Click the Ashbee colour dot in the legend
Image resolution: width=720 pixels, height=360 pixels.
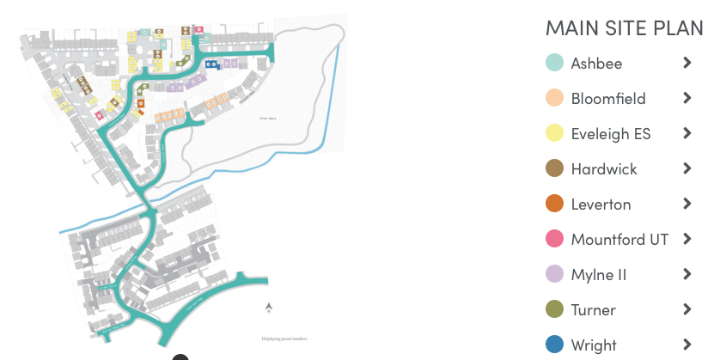[554, 64]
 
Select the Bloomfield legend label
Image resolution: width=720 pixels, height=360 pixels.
[607, 99]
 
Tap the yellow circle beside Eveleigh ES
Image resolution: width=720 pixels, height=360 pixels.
[554, 134]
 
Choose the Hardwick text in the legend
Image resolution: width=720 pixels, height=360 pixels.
[603, 169]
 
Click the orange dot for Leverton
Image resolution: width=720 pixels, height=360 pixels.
[554, 204]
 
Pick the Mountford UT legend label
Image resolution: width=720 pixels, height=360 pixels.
[619, 240]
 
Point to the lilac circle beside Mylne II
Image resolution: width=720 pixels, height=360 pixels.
[554, 275]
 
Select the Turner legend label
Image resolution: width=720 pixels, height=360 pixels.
[593, 310]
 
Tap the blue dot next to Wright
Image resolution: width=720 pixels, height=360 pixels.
[554, 345]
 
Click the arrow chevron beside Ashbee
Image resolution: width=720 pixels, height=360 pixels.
[686, 63]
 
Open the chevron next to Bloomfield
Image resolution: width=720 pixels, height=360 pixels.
[686, 98]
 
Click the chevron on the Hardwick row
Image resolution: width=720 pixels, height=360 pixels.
[686, 168]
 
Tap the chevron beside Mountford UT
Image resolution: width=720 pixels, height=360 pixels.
[686, 239]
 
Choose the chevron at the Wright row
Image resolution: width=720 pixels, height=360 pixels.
[686, 345]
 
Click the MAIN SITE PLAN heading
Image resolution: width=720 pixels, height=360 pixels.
[624, 27]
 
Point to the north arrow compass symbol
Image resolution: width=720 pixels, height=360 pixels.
[269, 307]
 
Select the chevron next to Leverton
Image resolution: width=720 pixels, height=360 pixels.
[686, 204]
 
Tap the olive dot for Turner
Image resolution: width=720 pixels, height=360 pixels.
[554, 310]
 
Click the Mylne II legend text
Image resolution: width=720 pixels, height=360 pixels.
[598, 275]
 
